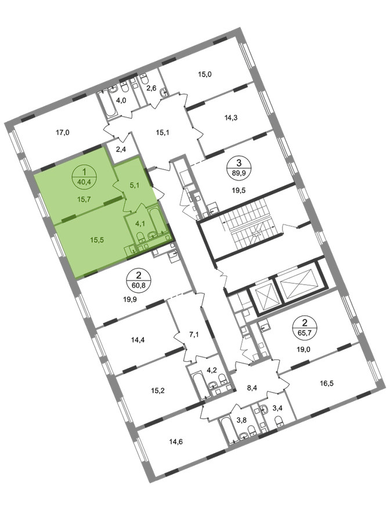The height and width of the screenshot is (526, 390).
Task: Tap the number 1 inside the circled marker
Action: [85, 172]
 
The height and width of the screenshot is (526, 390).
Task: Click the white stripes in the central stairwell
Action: [250, 223]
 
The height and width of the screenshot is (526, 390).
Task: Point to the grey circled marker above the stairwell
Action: [236, 165]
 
